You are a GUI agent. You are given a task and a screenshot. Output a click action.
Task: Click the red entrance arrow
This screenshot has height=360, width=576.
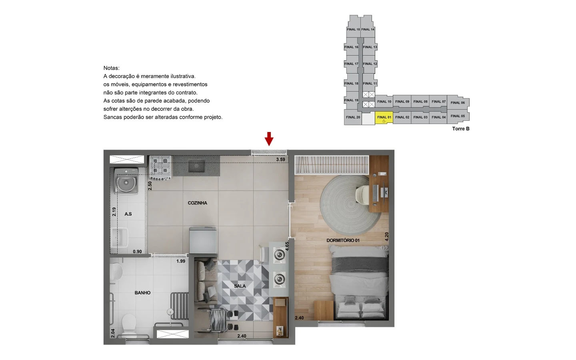coord(269,139)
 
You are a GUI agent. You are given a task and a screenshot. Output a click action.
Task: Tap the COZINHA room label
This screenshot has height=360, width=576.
coord(198,203)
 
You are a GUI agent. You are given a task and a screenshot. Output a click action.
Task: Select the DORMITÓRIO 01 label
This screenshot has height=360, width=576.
coord(343,240)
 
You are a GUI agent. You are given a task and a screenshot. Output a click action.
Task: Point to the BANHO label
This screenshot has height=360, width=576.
coord(142,293)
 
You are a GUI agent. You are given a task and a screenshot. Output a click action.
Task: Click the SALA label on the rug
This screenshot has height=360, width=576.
coord(240,286)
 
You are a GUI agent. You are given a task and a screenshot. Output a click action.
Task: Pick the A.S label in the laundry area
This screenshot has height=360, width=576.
coord(128,214)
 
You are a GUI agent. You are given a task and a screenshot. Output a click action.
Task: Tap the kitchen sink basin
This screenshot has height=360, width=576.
coord(196,166)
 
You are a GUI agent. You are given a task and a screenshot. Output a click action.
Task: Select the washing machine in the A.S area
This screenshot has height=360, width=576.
coord(127,182)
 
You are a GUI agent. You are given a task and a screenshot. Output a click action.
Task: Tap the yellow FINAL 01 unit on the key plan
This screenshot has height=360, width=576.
coord(384,117)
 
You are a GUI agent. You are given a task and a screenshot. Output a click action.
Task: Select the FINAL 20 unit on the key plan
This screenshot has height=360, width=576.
coord(353,117)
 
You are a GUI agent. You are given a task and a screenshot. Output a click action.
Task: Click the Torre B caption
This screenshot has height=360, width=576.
coord(461,129)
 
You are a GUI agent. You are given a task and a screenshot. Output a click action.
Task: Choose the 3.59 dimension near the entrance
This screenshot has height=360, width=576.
coord(280,160)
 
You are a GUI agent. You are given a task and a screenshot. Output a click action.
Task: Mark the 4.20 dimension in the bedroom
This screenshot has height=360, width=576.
coord(386,236)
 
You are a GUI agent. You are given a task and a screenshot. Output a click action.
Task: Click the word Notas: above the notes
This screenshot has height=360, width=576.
coord(111,68)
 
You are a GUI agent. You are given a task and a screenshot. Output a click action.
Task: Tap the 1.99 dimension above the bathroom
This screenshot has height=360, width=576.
coord(181,261)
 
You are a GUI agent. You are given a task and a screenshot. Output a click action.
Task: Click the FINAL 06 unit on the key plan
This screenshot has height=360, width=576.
coord(458,103)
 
